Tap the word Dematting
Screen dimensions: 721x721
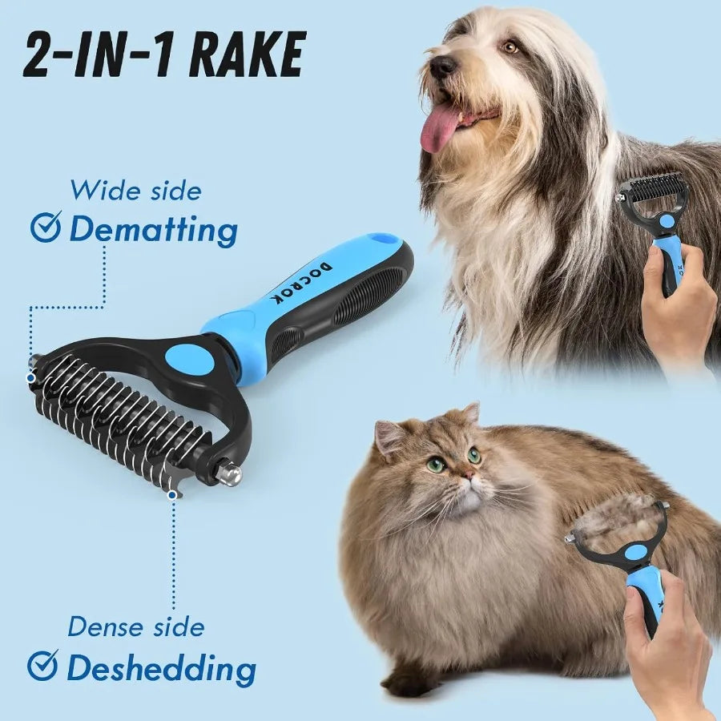[153, 230]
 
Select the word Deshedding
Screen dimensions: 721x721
[161, 667]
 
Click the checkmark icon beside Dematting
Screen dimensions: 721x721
[45, 228]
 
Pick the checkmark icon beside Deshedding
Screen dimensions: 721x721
[43, 666]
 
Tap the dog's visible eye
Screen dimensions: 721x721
[510, 47]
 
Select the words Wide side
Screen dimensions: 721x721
[135, 191]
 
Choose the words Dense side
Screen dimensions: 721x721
[135, 626]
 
